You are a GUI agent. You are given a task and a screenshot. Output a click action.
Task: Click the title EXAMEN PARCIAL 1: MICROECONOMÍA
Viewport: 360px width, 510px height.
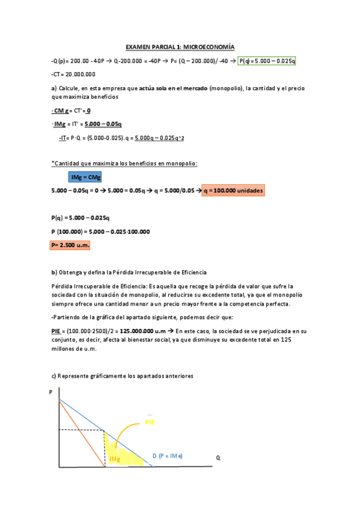180,46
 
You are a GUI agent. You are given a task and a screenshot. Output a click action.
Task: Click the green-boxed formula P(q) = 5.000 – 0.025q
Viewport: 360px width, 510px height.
267,61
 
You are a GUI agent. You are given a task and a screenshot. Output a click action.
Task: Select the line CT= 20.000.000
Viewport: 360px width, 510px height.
73,74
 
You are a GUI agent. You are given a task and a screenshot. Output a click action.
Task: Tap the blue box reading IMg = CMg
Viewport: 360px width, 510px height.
85,177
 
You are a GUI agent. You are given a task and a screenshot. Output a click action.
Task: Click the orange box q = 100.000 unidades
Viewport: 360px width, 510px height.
233,190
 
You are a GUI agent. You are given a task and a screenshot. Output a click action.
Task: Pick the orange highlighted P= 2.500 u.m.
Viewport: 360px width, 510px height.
69,245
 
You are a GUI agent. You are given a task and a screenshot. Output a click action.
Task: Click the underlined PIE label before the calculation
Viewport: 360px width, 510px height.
58,331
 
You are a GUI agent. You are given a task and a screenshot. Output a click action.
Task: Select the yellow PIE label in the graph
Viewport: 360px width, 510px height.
150,422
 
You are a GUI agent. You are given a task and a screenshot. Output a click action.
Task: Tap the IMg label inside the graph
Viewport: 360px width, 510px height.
114,459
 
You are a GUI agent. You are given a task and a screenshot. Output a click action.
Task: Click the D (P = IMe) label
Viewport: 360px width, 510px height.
170,456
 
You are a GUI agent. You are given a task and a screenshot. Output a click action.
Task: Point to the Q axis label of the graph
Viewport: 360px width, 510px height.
218,458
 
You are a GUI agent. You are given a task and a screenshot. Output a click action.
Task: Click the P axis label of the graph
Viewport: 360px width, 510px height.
51,392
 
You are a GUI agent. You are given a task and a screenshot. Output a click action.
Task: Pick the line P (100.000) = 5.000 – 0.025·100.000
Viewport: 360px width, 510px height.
100,232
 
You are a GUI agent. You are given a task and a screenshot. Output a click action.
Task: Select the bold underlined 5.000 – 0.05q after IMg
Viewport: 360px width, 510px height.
103,124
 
